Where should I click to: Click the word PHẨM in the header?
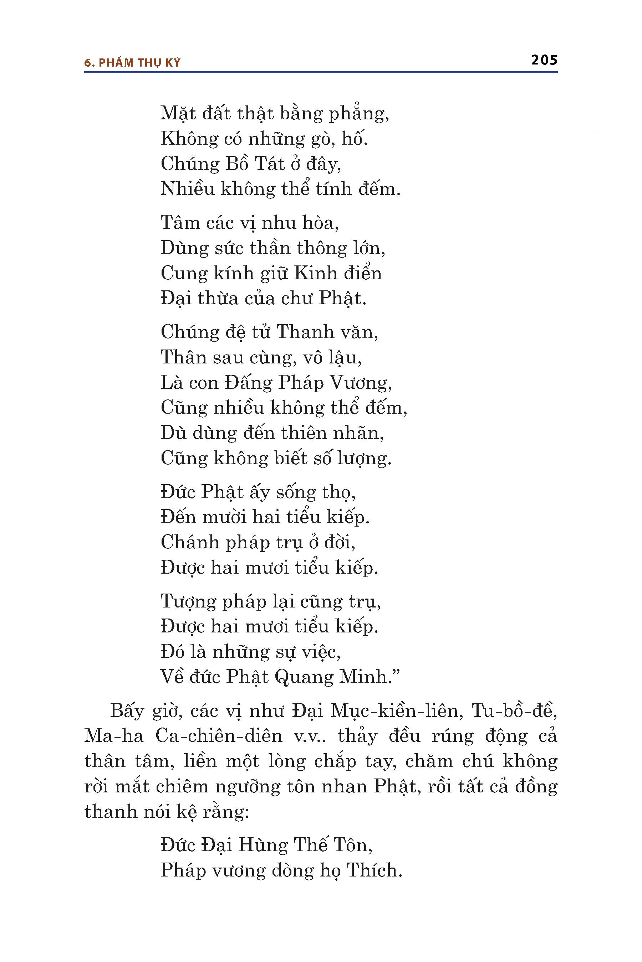[x=116, y=63]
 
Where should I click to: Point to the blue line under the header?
[x=321, y=72]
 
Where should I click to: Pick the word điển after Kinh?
[x=362, y=273]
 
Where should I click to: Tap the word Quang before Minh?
[x=304, y=677]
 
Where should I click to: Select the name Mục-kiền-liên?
[x=396, y=711]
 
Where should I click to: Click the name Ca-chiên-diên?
[x=219, y=736]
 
